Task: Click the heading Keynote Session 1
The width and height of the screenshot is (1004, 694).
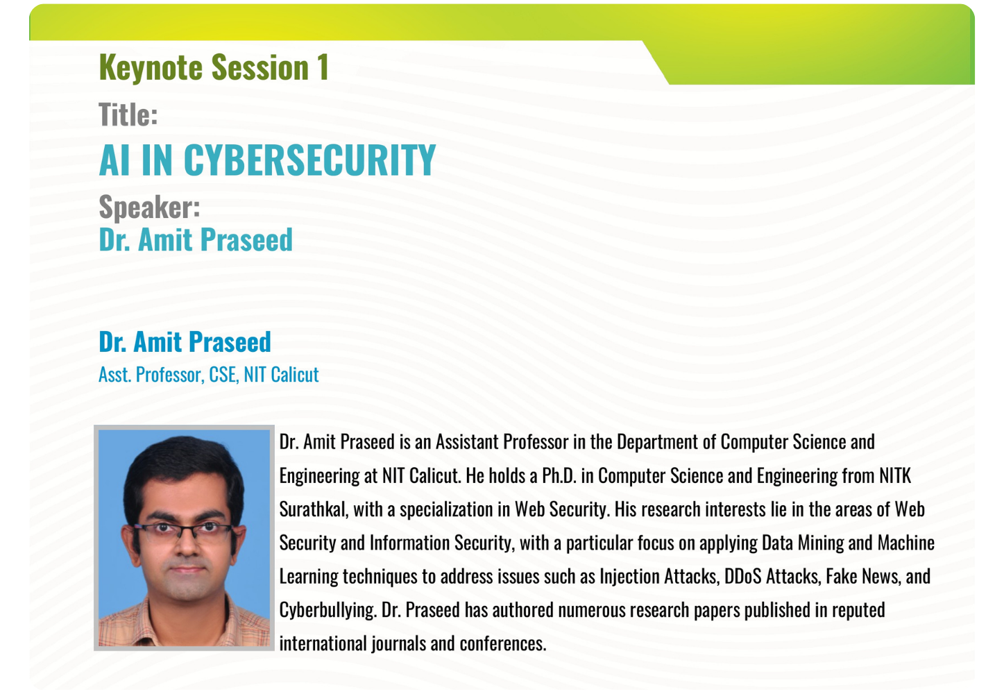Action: [214, 68]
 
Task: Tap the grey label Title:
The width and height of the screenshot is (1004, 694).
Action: [128, 115]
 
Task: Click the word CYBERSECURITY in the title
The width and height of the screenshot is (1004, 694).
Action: [309, 160]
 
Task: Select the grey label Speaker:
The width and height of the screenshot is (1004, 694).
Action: [149, 207]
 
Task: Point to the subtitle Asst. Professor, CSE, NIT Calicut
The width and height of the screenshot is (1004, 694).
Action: [208, 375]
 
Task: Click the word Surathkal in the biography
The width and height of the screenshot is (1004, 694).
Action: [314, 509]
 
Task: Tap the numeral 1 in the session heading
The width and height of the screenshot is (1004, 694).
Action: [323, 68]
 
